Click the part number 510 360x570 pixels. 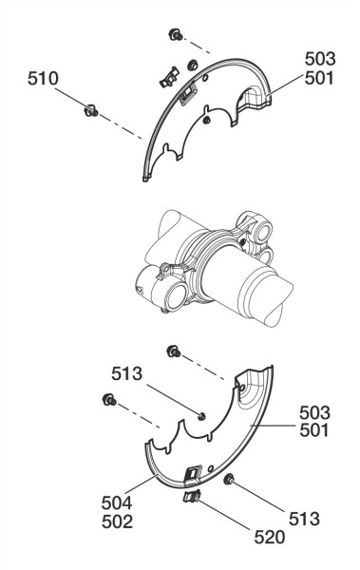[43, 79]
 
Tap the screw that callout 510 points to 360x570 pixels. [91, 110]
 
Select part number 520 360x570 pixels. [269, 538]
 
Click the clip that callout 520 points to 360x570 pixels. [193, 496]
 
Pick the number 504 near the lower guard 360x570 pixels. [117, 503]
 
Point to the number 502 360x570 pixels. [117, 522]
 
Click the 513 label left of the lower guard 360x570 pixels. [126, 373]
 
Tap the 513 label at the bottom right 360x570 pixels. [304, 519]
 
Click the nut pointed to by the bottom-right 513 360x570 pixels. [229, 480]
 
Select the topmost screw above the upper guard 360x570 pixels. [176, 35]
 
